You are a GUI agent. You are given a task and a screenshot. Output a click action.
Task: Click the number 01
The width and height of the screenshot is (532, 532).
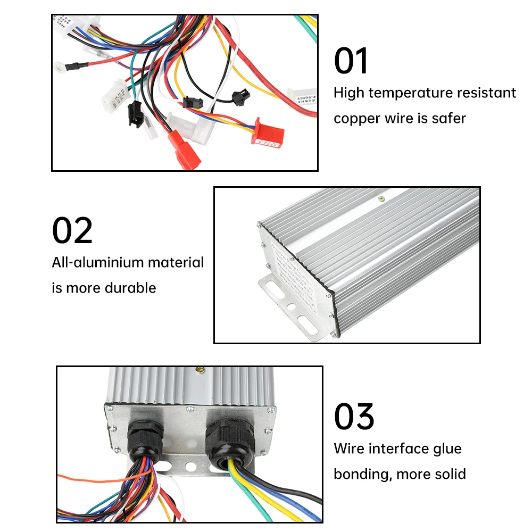[x=351, y=61]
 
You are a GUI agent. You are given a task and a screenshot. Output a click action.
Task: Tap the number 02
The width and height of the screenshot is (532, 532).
[x=72, y=231]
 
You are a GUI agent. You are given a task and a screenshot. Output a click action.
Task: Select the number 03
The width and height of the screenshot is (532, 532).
[x=354, y=417]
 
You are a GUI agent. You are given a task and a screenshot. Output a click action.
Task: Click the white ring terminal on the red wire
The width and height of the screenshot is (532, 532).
[x=60, y=67]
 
